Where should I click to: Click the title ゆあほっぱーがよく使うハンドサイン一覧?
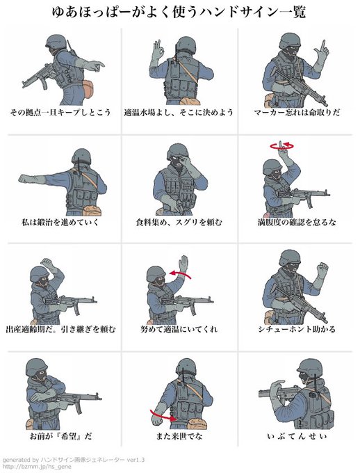(179, 13)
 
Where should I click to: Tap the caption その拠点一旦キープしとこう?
(60, 113)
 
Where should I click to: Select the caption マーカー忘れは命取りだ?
(297, 113)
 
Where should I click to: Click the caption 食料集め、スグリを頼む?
(179, 223)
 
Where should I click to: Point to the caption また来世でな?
(179, 436)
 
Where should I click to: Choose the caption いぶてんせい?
(297, 436)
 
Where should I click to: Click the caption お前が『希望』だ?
(60, 436)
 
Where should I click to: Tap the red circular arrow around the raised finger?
(282, 146)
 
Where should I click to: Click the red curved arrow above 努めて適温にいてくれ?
(180, 274)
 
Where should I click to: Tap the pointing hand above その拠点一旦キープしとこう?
(95, 65)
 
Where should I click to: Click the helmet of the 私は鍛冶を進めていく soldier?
(81, 157)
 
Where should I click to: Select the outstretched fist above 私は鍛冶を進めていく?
(26, 179)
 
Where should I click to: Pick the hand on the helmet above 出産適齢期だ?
(48, 264)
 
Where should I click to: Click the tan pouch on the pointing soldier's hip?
(88, 89)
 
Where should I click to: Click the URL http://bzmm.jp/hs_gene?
(37, 467)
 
